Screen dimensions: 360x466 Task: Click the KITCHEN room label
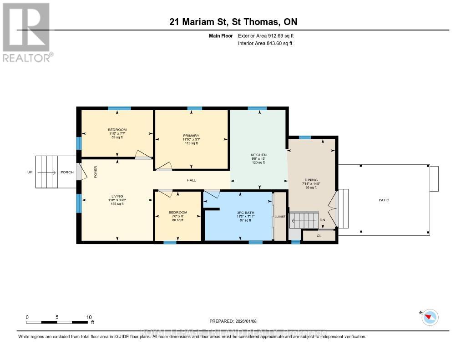(x=258, y=155)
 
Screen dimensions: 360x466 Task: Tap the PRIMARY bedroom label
(x=191, y=135)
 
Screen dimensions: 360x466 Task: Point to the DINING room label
(x=311, y=180)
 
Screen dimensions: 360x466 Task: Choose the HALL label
(x=191, y=180)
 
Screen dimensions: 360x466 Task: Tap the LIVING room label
(x=117, y=196)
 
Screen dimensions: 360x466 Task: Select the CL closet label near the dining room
(x=319, y=236)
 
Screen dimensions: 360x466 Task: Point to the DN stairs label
(x=323, y=220)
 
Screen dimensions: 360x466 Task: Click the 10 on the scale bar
(x=89, y=317)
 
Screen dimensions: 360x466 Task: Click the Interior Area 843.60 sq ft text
(x=265, y=43)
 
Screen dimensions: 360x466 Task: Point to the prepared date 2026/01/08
(x=236, y=321)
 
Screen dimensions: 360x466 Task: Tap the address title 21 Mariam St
(x=233, y=22)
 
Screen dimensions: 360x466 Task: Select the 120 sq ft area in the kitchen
(x=258, y=162)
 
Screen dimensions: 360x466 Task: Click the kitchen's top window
(x=257, y=108)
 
